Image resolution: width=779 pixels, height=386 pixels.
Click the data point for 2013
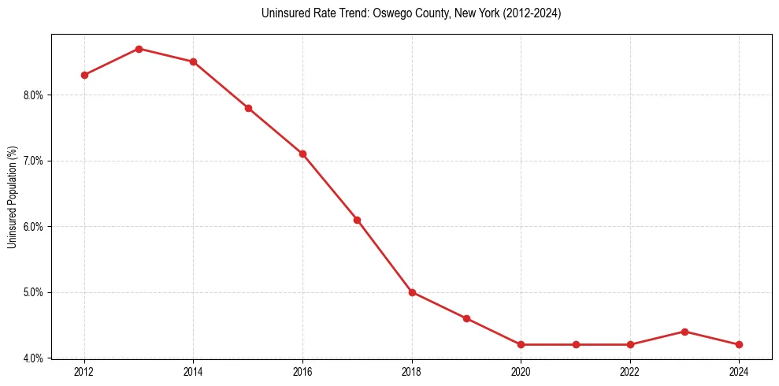point(139,49)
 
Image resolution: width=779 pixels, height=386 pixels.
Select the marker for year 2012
point(84,75)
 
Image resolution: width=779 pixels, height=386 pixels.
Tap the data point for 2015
point(248,108)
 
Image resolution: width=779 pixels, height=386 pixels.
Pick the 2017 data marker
point(357,220)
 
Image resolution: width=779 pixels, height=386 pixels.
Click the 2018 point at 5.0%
point(412,292)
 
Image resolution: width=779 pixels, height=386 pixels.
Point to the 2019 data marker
point(466,318)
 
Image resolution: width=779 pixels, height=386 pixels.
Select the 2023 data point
point(684,332)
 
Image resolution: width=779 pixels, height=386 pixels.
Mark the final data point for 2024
point(739,344)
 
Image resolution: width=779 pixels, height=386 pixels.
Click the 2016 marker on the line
point(302,154)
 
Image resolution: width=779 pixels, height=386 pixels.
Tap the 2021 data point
point(576,344)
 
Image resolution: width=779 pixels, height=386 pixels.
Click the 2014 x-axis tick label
point(193,371)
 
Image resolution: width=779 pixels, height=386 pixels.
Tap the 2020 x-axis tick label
point(521,371)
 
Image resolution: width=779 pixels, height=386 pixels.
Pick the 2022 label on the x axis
point(630,371)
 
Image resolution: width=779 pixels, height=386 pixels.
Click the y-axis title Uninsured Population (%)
point(12,197)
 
